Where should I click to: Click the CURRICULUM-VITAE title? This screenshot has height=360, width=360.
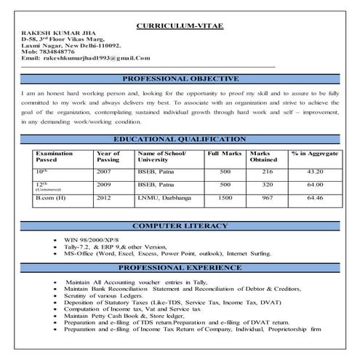[x=180, y=27]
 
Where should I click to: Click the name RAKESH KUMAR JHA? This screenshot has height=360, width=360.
[x=56, y=36]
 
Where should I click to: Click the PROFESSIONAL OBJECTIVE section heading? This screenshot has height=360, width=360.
[x=180, y=79]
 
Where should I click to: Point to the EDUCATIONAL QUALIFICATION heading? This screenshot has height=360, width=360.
[x=180, y=139]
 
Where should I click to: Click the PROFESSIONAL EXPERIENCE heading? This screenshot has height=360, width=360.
[x=180, y=268]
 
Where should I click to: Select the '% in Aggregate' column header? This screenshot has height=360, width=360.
[x=314, y=154]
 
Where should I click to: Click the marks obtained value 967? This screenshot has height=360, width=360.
[x=267, y=197]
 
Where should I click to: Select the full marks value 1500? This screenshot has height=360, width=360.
[x=226, y=197]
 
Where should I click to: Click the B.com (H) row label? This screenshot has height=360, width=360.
[x=51, y=197]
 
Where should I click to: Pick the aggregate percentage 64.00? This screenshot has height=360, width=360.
[x=315, y=185]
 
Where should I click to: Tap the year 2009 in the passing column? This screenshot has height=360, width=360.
[x=104, y=185]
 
